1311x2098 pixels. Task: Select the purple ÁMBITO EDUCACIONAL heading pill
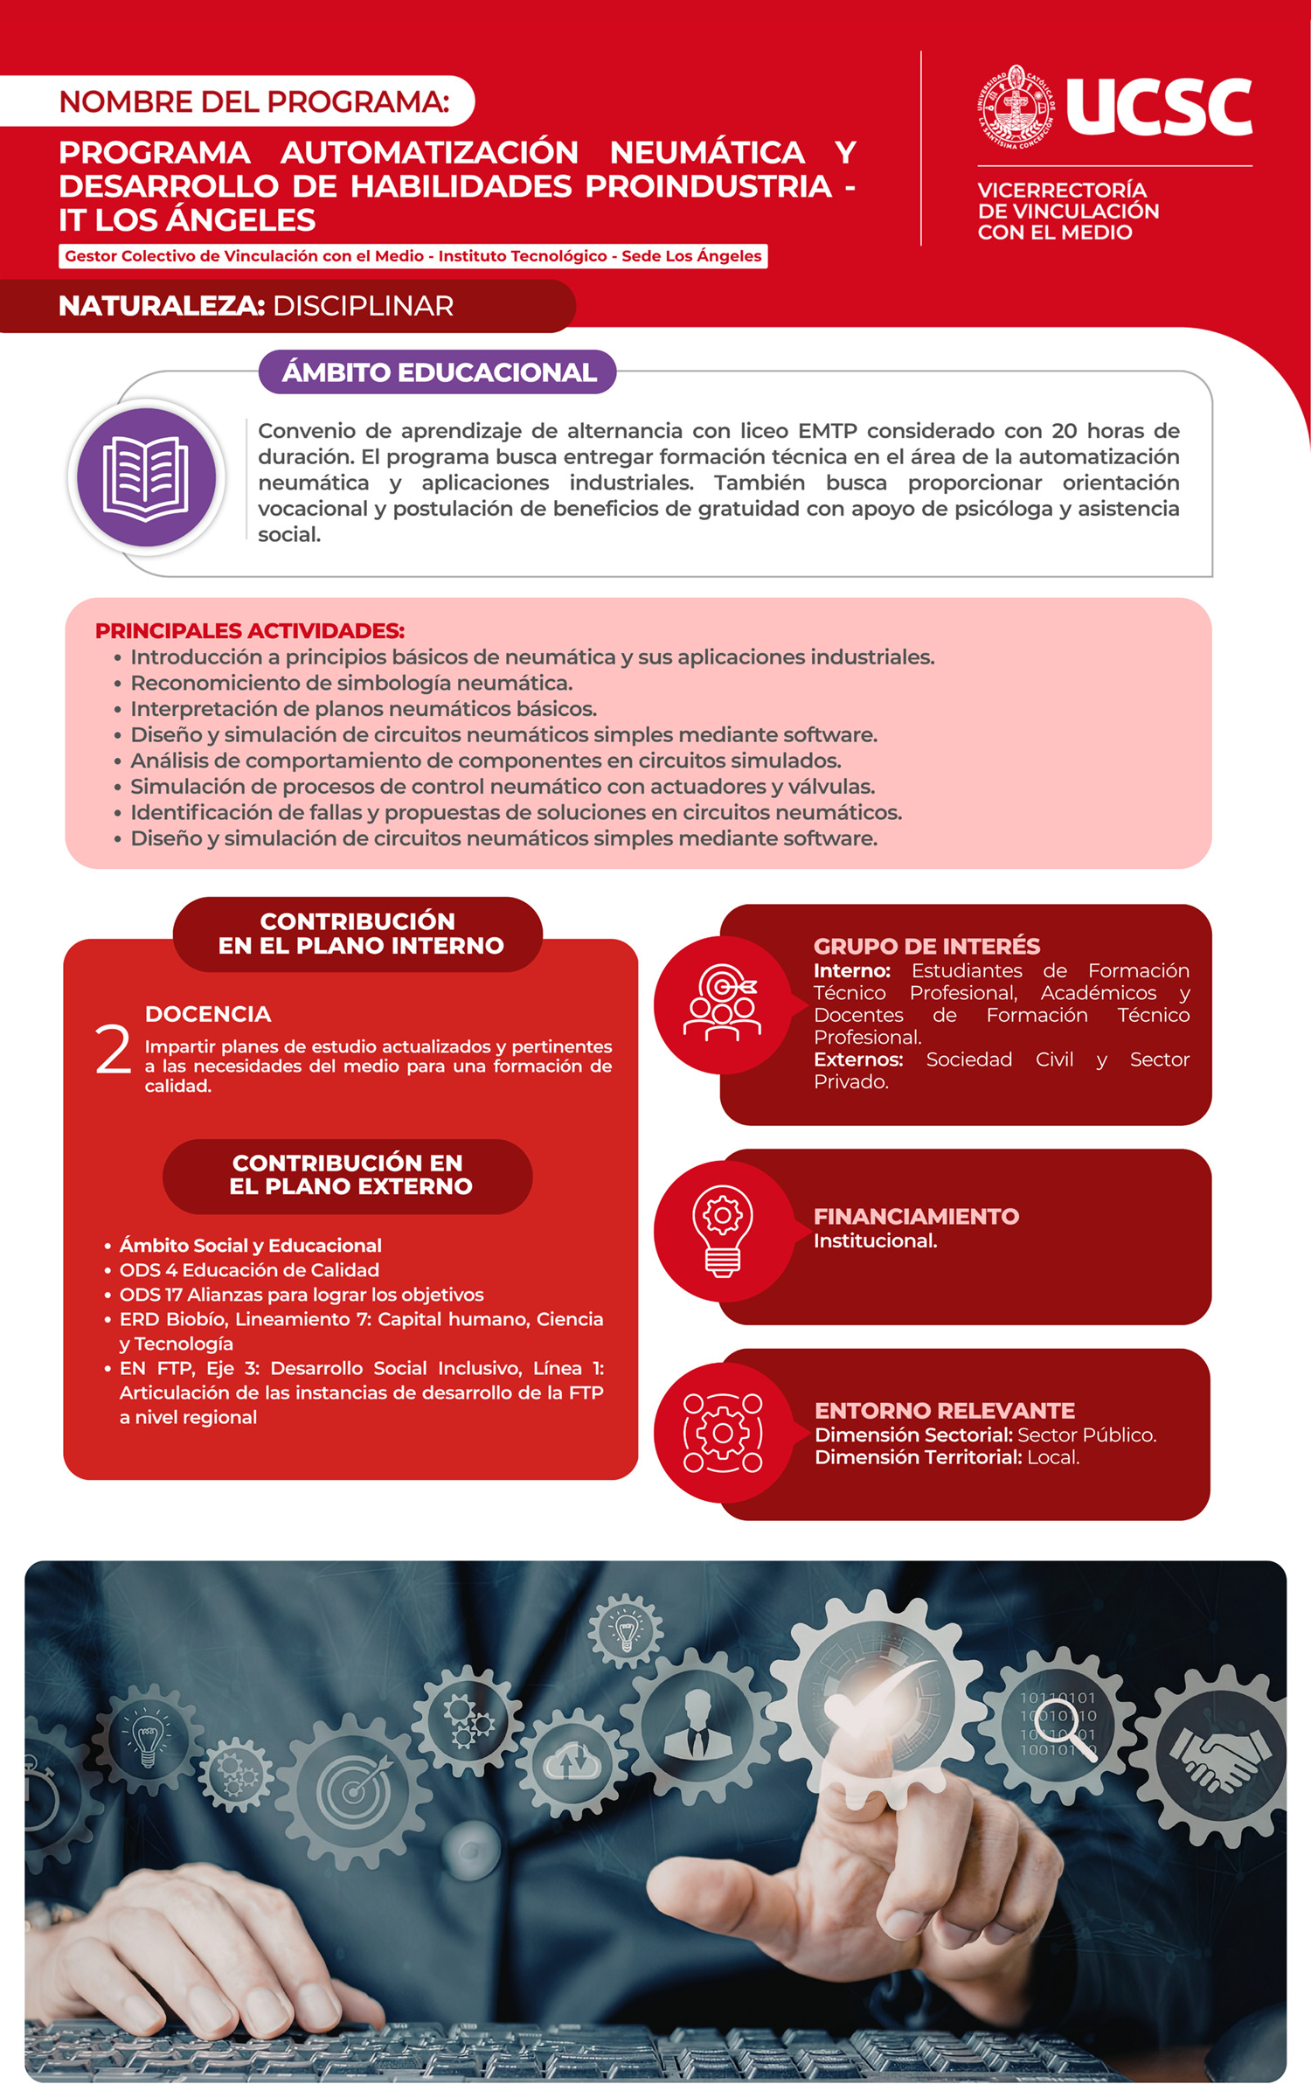pyautogui.click(x=438, y=372)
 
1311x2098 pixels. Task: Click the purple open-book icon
pyautogui.click(x=146, y=477)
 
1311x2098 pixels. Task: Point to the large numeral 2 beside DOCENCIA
pyautogui.click(x=114, y=1050)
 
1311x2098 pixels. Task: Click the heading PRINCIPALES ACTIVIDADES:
pyautogui.click(x=250, y=630)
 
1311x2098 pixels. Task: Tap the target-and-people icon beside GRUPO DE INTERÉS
pyautogui.click(x=722, y=1004)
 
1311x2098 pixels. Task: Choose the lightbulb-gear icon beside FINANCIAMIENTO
pyautogui.click(x=722, y=1231)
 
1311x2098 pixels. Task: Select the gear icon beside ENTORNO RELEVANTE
pyautogui.click(x=722, y=1433)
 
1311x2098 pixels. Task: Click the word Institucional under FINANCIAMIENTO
pyautogui.click(x=875, y=1240)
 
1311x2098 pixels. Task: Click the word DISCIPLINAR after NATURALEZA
pyautogui.click(x=363, y=306)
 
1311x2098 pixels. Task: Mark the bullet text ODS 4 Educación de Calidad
pyautogui.click(x=249, y=1270)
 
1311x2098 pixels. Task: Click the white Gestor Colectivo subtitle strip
pyautogui.click(x=413, y=256)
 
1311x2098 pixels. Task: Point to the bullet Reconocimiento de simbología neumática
pyautogui.click(x=351, y=683)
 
